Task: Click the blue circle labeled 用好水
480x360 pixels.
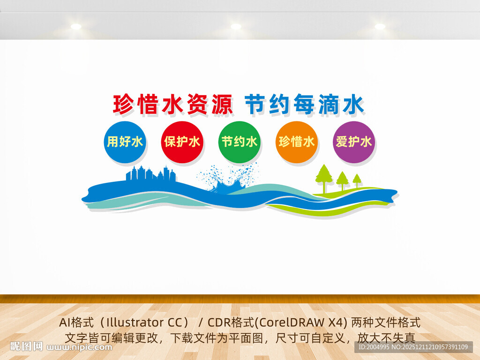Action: (125, 142)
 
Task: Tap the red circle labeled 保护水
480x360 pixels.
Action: (182, 142)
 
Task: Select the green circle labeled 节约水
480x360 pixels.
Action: (239, 142)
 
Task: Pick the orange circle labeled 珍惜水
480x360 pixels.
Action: (296, 142)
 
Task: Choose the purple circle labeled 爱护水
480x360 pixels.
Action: (354, 142)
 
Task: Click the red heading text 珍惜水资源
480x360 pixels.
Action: (172, 105)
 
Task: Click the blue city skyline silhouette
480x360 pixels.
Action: (151, 174)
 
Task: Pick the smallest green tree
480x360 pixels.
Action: (357, 180)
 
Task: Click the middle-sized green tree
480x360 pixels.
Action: (342, 180)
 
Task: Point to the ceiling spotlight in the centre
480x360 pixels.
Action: (236, 27)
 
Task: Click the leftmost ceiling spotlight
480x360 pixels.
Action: (76, 27)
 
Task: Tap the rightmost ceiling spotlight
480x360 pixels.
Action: (380, 27)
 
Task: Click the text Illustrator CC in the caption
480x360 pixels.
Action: (140, 322)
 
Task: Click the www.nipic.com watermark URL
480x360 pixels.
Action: (80, 347)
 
